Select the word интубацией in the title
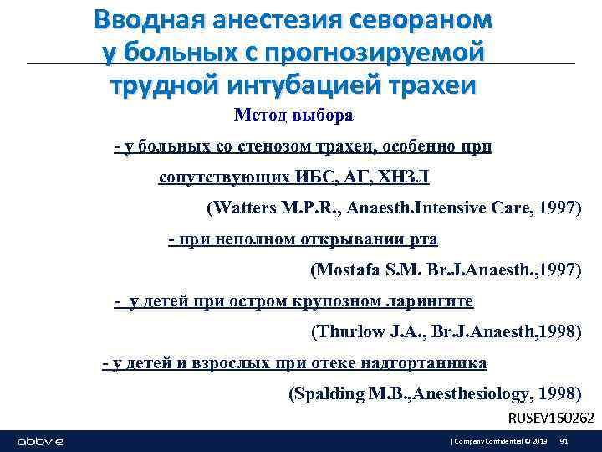[x=301, y=85]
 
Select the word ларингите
[x=431, y=300]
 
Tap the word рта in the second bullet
[x=423, y=239]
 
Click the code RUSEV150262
[x=552, y=418]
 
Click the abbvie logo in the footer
[x=40, y=441]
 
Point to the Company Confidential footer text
[x=488, y=441]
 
